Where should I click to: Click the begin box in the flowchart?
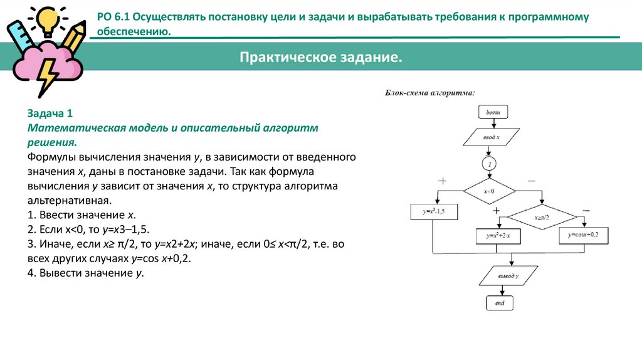(x=492, y=112)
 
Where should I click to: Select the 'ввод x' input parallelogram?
(x=491, y=137)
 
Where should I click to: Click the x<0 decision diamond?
(x=489, y=191)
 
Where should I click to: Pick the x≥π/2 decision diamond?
(x=542, y=218)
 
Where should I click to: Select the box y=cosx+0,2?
(x=584, y=235)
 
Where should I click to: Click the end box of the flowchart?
(x=500, y=303)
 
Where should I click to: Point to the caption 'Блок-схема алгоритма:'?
(x=429, y=93)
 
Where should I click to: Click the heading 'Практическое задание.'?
(x=320, y=58)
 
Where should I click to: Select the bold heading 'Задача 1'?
(x=50, y=114)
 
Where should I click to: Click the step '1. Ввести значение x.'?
(x=82, y=215)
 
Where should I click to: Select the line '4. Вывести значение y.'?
(x=86, y=273)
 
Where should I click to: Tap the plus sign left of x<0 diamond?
(x=442, y=181)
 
